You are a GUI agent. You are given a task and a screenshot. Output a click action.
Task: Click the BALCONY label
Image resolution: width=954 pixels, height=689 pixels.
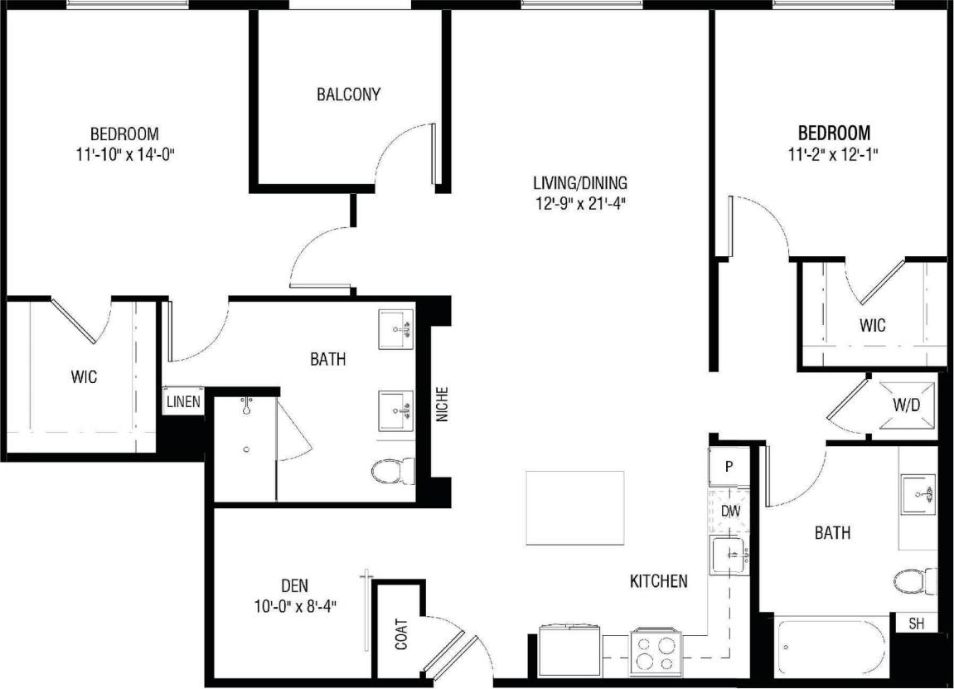pos(348,95)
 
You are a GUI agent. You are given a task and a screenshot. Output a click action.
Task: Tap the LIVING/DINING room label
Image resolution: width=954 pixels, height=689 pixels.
pos(579,182)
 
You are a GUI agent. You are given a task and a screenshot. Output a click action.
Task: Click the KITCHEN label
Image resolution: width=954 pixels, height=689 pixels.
pos(659,580)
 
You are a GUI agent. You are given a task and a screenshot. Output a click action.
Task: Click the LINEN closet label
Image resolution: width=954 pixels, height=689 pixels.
pos(184,402)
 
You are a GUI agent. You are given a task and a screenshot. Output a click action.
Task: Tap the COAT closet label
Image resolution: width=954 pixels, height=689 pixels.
pos(402,633)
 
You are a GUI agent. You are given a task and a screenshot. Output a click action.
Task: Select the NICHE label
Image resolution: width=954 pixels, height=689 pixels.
pos(442,405)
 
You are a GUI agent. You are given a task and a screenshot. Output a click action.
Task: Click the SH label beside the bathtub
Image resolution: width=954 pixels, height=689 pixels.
pos(916,623)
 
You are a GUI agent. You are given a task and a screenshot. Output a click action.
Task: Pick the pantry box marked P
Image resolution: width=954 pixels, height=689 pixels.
pos(729,466)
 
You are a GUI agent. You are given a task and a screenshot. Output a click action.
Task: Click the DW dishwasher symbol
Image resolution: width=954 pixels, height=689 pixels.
pos(729,512)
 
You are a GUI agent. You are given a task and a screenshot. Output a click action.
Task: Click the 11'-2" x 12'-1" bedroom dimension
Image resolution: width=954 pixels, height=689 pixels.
pos(834,153)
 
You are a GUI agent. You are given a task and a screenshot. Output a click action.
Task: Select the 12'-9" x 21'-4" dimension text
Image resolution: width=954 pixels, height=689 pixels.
pos(579,203)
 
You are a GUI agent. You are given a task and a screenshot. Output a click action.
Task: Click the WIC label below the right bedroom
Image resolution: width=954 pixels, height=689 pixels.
pos(873,325)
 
